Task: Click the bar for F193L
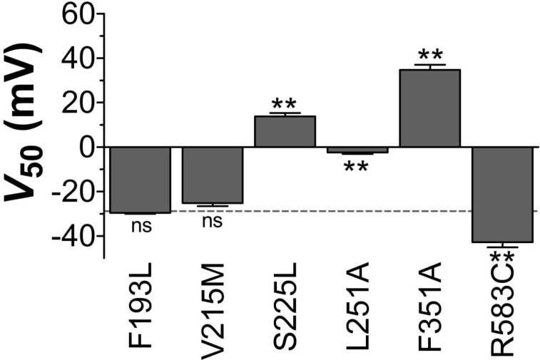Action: click(140, 179)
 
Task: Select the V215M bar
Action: click(213, 175)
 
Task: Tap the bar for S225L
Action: click(285, 131)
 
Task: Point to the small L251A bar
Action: click(357, 150)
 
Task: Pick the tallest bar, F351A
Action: click(429, 108)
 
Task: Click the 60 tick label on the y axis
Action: click(78, 14)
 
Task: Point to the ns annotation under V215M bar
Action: click(212, 222)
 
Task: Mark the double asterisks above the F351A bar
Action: click(430, 56)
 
